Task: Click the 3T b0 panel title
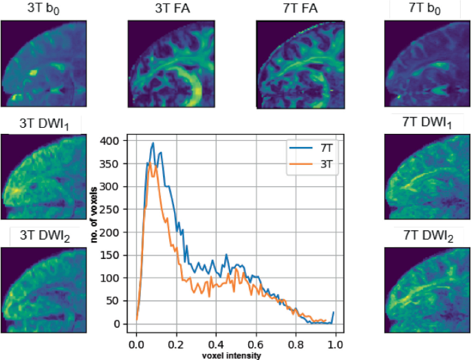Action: (x=43, y=10)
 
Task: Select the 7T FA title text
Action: (x=299, y=10)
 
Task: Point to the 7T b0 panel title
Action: (x=427, y=10)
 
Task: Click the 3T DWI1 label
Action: (x=43, y=124)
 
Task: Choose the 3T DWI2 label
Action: (x=43, y=237)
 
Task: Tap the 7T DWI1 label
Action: (x=427, y=124)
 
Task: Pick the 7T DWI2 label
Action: (x=427, y=237)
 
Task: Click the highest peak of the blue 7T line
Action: (x=153, y=143)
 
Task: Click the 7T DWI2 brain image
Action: (x=427, y=290)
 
